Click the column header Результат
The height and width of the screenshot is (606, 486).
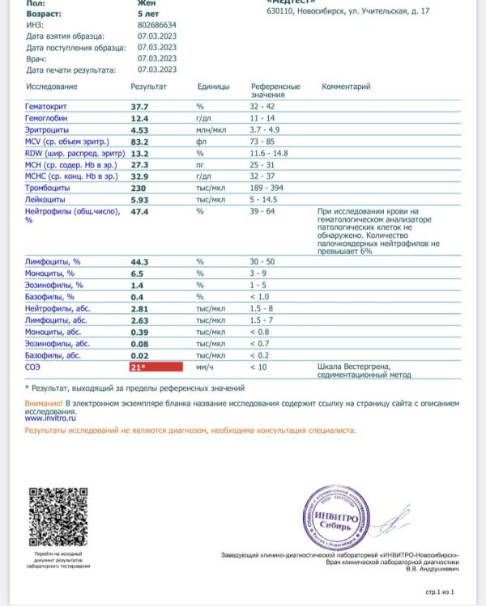(x=148, y=86)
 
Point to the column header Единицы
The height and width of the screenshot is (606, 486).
(x=213, y=86)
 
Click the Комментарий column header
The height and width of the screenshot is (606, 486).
(x=346, y=86)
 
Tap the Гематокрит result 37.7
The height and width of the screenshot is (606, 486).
(x=139, y=107)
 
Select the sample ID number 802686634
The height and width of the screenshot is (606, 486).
(x=158, y=25)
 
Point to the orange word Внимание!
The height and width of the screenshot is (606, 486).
(x=43, y=402)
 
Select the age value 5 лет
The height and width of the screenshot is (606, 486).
(x=147, y=15)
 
